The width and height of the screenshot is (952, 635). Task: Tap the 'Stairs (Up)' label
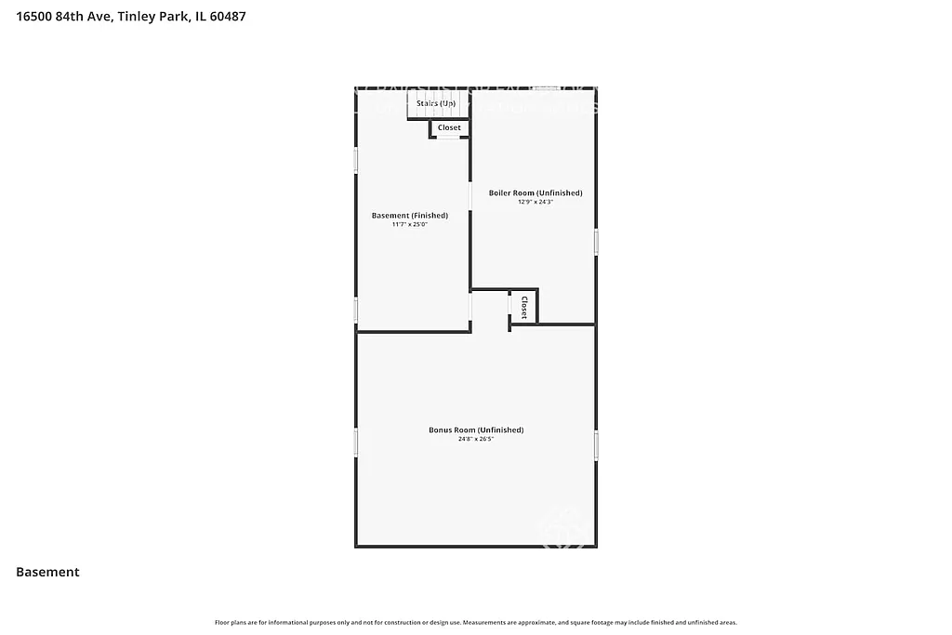(x=435, y=103)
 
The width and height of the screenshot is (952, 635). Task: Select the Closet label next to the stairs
(x=449, y=127)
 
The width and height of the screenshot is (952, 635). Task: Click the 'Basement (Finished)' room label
(x=409, y=216)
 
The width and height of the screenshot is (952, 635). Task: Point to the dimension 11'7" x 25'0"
(x=409, y=225)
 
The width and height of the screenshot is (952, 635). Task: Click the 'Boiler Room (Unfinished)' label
(x=535, y=193)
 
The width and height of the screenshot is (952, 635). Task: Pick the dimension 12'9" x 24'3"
(x=535, y=202)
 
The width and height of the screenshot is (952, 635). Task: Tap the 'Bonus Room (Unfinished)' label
(x=476, y=430)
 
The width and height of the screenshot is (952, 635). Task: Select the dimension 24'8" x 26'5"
(x=476, y=439)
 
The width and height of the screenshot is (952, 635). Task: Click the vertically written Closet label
(x=523, y=308)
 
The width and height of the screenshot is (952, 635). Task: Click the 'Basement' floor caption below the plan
(x=47, y=573)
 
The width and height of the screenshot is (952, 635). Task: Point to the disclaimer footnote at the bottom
(x=476, y=622)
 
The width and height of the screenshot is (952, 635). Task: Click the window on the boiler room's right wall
(x=596, y=243)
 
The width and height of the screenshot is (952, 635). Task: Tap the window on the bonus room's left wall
(x=356, y=442)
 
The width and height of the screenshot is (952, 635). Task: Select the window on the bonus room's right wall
(x=596, y=445)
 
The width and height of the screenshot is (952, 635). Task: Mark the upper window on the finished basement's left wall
(x=356, y=158)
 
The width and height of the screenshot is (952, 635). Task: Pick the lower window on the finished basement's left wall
(x=356, y=310)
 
